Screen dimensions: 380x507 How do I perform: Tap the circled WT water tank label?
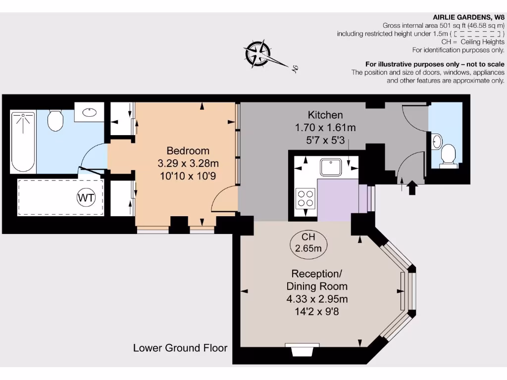pyautogui.click(x=85, y=198)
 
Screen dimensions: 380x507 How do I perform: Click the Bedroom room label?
pyautogui.click(x=188, y=151)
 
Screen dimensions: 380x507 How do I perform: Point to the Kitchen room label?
pyautogui.click(x=325, y=115)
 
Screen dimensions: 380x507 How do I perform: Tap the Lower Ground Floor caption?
pyautogui.click(x=180, y=348)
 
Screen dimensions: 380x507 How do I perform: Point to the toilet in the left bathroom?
pyautogui.click(x=55, y=120)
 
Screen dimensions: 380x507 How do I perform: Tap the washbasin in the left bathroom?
pyautogui.click(x=90, y=112)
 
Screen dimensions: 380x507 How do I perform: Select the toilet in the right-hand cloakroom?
pyautogui.click(x=449, y=154)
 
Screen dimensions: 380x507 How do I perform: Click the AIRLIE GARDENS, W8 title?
pyautogui.click(x=468, y=16)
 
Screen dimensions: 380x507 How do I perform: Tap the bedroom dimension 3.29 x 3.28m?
pyautogui.click(x=188, y=163)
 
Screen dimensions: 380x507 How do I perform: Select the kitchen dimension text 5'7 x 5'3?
pyautogui.click(x=325, y=140)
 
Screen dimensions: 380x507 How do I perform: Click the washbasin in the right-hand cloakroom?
pyautogui.click(x=436, y=141)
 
